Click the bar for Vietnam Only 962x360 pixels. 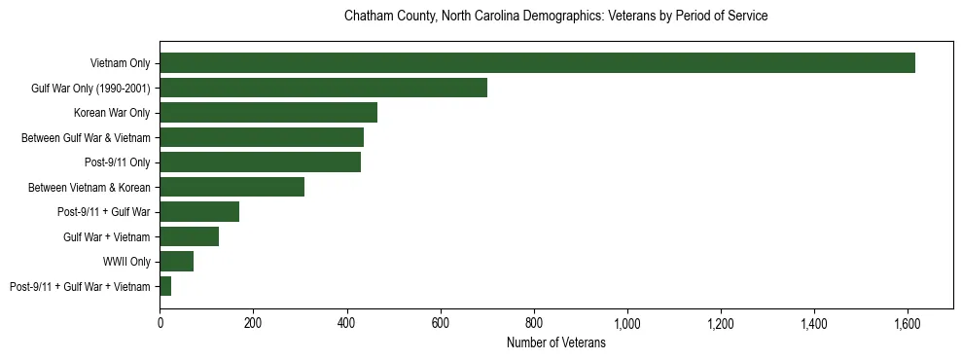click(x=537, y=63)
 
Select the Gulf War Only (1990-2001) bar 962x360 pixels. click(x=323, y=89)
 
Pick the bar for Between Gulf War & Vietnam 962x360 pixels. click(x=262, y=137)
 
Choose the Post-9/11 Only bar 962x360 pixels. click(x=260, y=162)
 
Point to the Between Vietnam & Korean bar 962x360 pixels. click(x=232, y=187)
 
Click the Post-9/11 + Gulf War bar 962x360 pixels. click(x=199, y=212)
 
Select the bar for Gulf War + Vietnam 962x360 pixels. click(x=189, y=236)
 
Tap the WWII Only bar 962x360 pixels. click(x=176, y=261)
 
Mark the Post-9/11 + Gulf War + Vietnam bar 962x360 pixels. click(x=165, y=286)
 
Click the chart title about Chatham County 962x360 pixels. click(x=556, y=17)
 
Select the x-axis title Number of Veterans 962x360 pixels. click(x=556, y=343)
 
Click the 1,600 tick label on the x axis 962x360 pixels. click(x=907, y=323)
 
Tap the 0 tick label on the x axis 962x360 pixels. click(x=160, y=323)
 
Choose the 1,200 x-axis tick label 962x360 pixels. click(x=720, y=323)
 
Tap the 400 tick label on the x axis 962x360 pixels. click(x=346, y=323)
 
